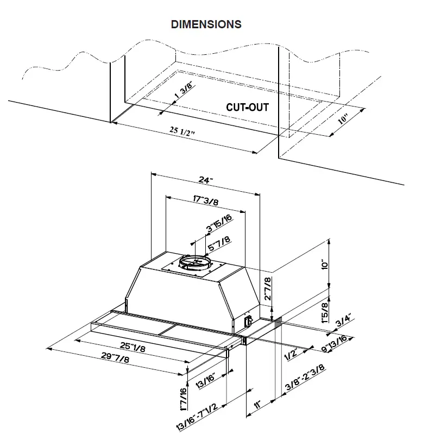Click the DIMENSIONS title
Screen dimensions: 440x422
(x=206, y=24)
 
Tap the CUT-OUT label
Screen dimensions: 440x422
(x=247, y=107)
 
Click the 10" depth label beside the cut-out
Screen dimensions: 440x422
(x=343, y=118)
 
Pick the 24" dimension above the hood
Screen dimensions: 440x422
(x=205, y=180)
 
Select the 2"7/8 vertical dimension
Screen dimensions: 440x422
(x=267, y=291)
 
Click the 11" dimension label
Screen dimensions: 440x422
(x=259, y=405)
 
